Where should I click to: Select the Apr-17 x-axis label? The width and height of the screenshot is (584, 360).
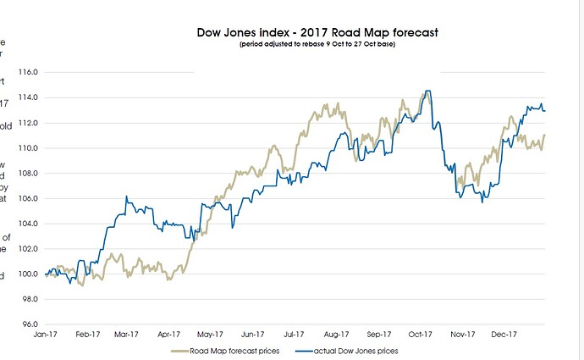point(171,334)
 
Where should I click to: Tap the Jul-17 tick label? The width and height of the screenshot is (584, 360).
point(296,334)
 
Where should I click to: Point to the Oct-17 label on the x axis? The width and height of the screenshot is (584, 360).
point(421,334)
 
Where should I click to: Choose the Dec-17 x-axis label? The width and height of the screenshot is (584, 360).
point(505,334)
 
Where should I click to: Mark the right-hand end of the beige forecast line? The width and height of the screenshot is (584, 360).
point(545,135)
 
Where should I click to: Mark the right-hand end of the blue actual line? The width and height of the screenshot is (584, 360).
point(545,111)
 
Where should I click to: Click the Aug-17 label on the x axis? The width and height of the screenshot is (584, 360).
point(338,334)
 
